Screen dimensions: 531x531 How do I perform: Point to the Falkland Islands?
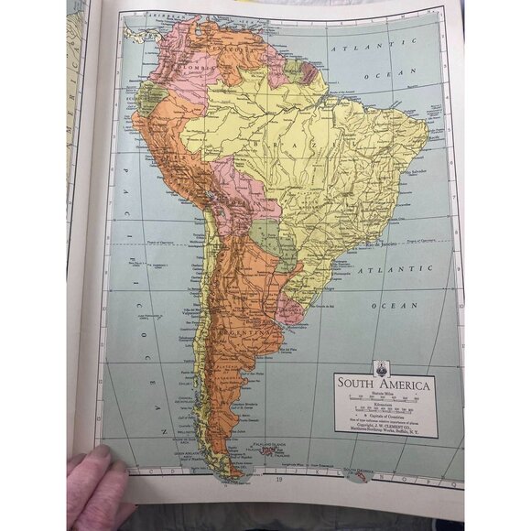point(273,450)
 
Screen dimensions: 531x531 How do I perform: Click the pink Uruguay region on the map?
point(291,307)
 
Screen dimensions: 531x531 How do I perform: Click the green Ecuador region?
point(150,96)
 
